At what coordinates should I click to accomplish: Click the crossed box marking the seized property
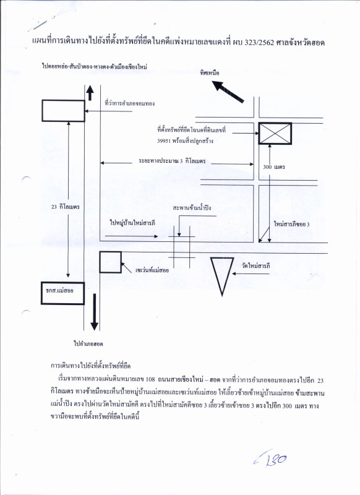(x=275, y=134)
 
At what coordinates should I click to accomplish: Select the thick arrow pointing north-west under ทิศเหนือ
(x=228, y=91)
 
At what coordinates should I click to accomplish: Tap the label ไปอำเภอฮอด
(x=87, y=343)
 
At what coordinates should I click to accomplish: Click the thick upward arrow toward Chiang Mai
(x=90, y=93)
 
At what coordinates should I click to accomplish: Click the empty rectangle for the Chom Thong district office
(x=62, y=111)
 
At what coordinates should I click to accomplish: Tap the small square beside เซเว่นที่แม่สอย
(x=111, y=262)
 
